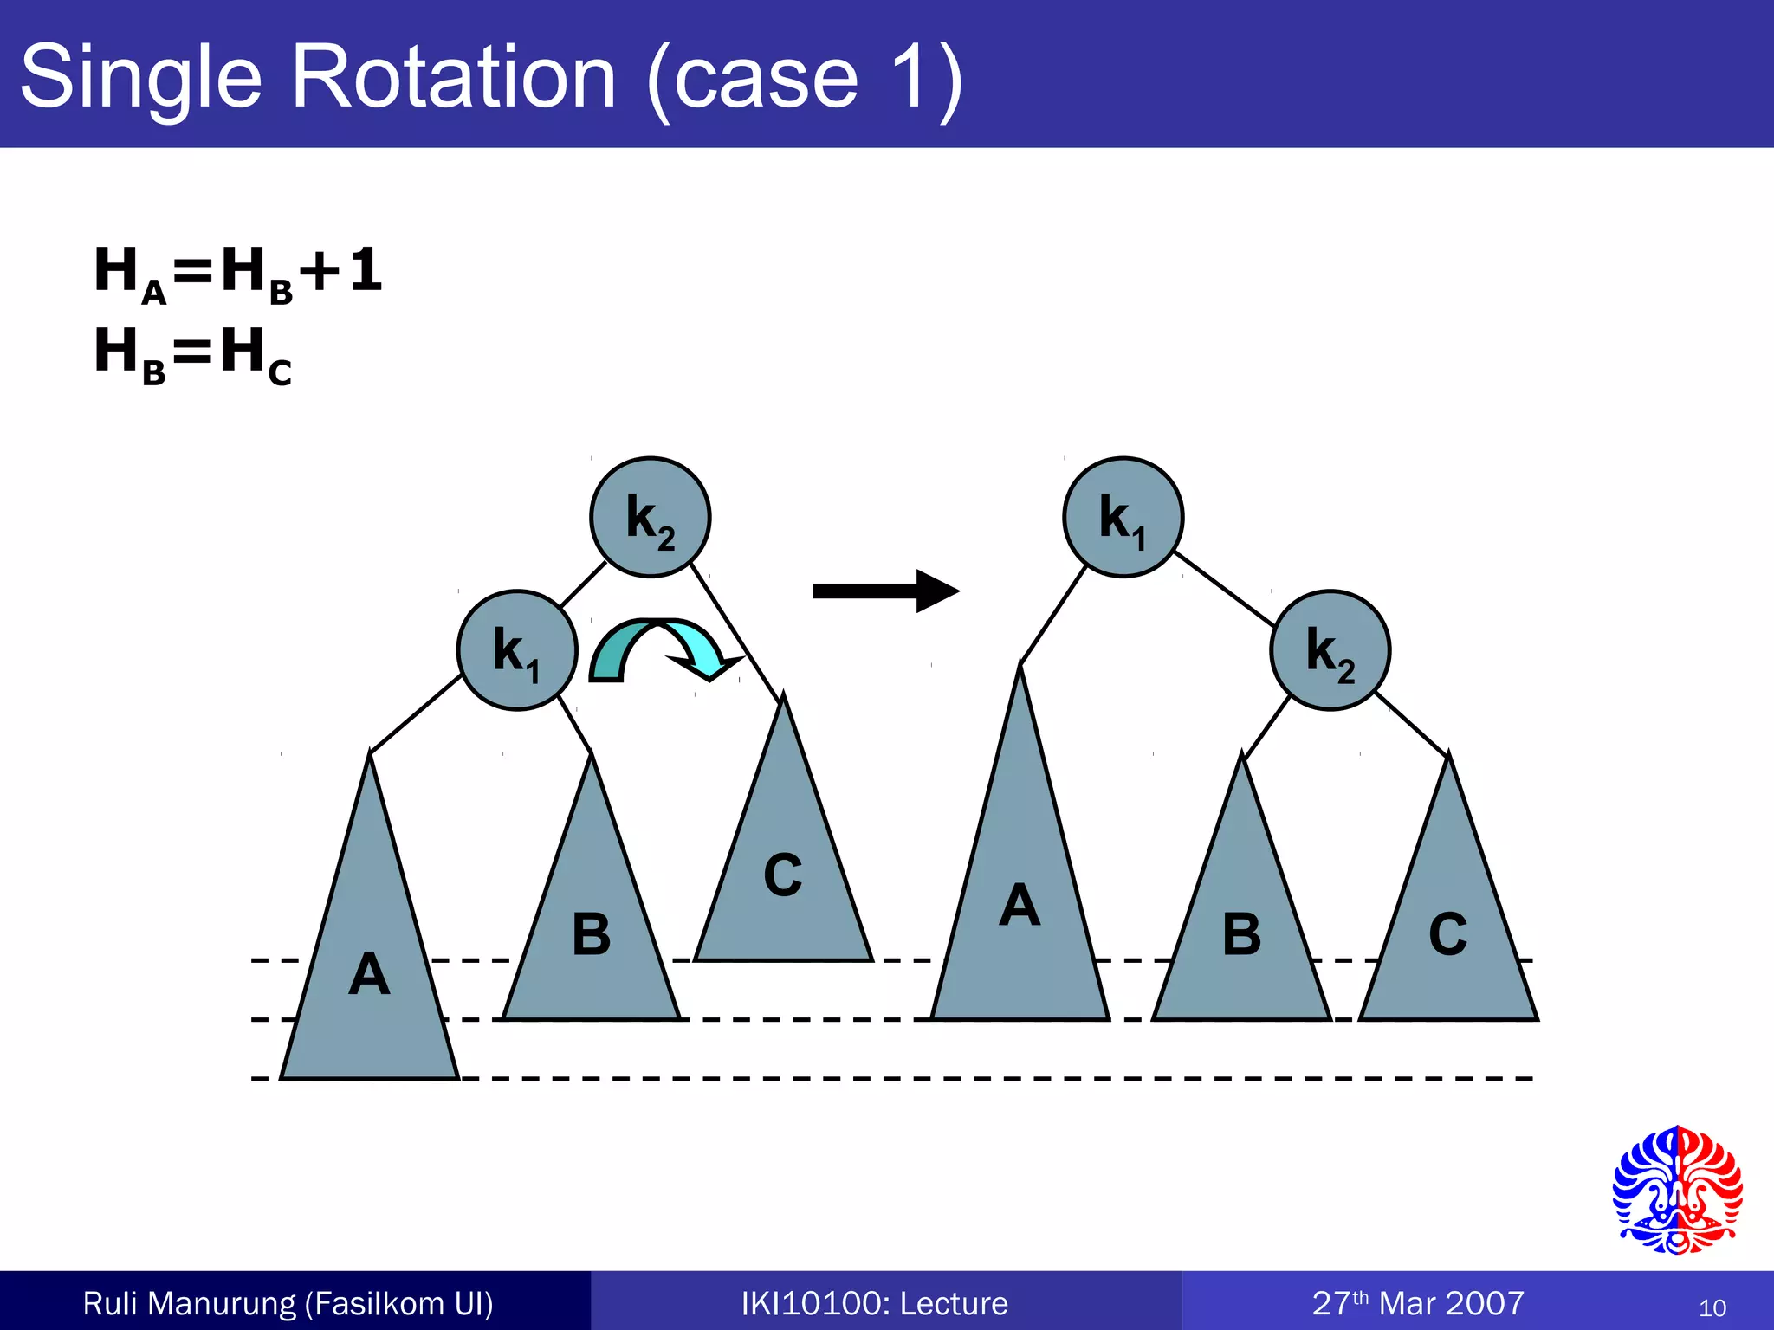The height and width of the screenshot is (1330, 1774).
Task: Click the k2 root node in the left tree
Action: [650, 517]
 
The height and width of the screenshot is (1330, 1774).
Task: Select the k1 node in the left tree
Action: [517, 650]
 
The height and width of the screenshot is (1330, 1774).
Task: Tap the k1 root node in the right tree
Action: [1123, 517]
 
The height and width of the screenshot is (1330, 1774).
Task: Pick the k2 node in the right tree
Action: [1330, 650]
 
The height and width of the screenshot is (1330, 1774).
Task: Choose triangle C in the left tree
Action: [783, 875]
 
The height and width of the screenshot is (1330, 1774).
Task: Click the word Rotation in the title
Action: [454, 78]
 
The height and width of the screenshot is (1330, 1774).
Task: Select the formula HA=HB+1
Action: [238, 271]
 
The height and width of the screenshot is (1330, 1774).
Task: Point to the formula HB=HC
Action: [193, 353]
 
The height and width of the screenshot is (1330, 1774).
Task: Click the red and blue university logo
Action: [1677, 1191]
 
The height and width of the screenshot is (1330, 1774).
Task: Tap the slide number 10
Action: [1712, 1307]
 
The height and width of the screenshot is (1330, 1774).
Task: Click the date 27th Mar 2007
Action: [1417, 1303]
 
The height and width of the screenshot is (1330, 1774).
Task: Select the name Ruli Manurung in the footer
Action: [189, 1303]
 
